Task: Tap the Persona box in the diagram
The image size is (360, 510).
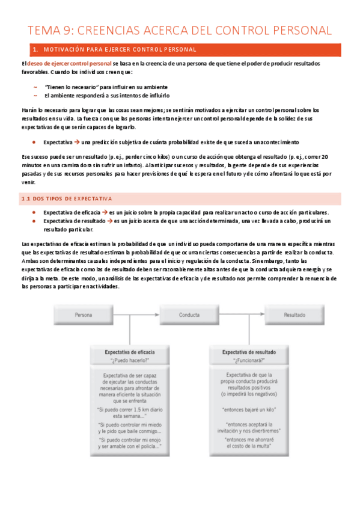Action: click(x=83, y=314)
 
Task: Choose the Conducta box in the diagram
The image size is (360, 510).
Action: click(x=189, y=314)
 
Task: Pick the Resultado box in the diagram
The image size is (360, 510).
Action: click(x=294, y=314)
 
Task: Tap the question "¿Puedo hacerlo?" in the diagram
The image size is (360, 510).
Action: click(x=130, y=360)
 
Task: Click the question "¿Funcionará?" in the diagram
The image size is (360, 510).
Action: click(x=249, y=360)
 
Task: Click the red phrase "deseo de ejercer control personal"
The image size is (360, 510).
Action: click(x=69, y=63)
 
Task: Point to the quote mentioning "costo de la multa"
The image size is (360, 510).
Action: click(x=249, y=443)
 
